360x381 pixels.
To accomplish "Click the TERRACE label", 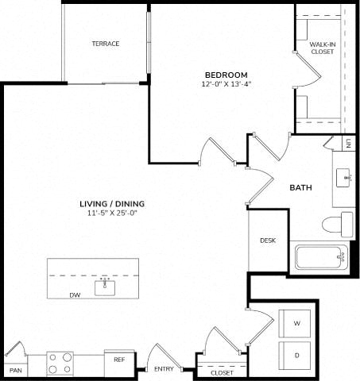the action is pos(106,44).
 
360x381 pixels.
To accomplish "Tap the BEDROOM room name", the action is pos(226,75).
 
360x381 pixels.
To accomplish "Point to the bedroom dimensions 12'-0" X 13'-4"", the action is pos(226,84).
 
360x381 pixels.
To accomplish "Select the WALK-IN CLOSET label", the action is pos(323,48).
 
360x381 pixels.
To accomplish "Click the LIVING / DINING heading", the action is pos(112,204).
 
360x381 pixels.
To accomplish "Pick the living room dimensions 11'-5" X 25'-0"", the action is pos(112,213).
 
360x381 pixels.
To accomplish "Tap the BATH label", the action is pos(300,187).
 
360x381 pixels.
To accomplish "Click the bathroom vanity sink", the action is pos(344,178).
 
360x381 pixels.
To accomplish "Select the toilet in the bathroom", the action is pos(338,225).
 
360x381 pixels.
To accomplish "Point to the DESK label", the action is pos(268,241).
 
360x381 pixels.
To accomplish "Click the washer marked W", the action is pos(295,324).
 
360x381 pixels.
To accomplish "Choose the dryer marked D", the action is pos(295,356).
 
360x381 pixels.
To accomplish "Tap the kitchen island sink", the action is pos(105,287).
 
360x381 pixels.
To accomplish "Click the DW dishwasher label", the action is pos(75,295).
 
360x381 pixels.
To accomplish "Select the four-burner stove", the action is pos(60,364).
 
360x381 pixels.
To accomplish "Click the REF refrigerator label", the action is pos(119,360).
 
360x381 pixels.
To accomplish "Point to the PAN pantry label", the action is pos(16,371).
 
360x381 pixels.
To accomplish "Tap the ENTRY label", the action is pos(164,369).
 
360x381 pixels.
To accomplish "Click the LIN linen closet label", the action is pos(349,143).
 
